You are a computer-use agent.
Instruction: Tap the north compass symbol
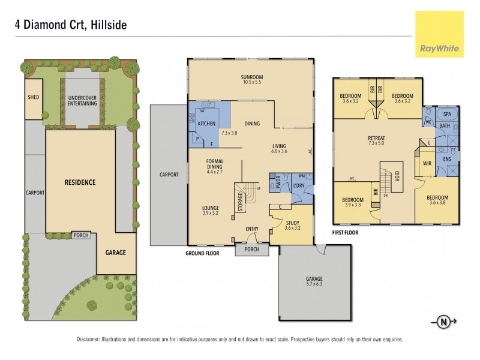coord(443,322)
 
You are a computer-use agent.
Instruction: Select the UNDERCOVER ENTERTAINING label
coord(82,100)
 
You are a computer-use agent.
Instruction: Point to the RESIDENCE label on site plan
coord(80,182)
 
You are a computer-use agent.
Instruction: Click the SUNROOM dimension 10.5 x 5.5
coord(252,83)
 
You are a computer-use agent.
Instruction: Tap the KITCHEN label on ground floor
coord(206,124)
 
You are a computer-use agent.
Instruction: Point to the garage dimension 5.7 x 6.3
coord(314,285)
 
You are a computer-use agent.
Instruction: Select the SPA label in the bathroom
coord(446,114)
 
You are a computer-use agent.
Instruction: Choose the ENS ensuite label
coord(446,159)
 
